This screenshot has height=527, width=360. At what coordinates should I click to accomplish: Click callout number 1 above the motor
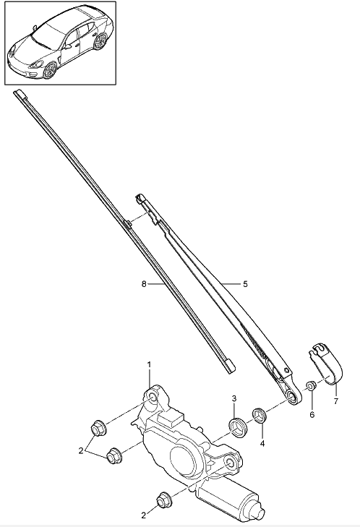click(x=149, y=364)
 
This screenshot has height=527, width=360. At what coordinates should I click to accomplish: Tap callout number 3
click(x=234, y=398)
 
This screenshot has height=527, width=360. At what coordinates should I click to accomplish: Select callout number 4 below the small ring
click(x=262, y=444)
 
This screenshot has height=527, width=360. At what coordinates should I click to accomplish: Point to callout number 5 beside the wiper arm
click(x=245, y=284)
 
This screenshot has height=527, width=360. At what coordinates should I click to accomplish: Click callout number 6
click(x=312, y=415)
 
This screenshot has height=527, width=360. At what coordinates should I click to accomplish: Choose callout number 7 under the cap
click(x=336, y=400)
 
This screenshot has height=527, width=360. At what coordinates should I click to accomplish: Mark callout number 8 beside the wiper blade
click(x=144, y=284)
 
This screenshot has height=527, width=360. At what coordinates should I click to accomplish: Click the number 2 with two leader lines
click(x=81, y=450)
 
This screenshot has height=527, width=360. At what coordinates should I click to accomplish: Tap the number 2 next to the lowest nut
click(x=144, y=515)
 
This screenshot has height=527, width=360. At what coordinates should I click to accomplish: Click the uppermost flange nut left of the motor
click(x=98, y=428)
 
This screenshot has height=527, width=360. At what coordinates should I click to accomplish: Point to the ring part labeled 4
click(x=260, y=414)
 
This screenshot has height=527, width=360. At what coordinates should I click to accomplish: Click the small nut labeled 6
click(x=311, y=386)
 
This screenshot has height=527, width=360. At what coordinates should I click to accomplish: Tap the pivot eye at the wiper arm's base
click(x=292, y=398)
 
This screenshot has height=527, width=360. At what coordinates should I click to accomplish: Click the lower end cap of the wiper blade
click(x=230, y=366)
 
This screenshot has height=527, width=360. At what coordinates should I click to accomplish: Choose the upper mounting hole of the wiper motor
click(x=153, y=398)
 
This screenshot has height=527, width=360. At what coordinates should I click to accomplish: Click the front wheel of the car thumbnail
click(x=51, y=70)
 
